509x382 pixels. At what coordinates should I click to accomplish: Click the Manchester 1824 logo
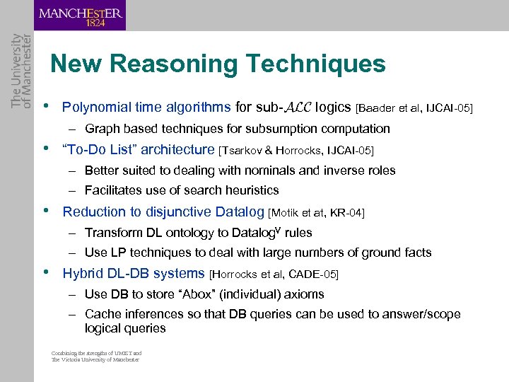tap(80, 16)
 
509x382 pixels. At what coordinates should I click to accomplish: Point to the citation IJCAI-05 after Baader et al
tap(450, 108)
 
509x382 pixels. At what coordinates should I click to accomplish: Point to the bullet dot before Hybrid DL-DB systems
tap(47, 272)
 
